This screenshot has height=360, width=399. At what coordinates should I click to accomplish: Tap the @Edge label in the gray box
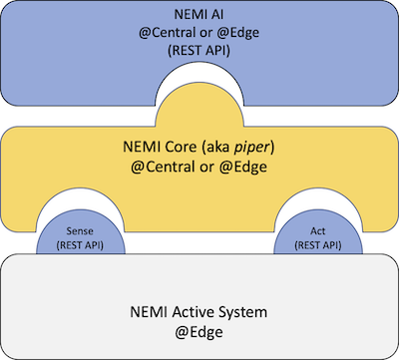199,331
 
